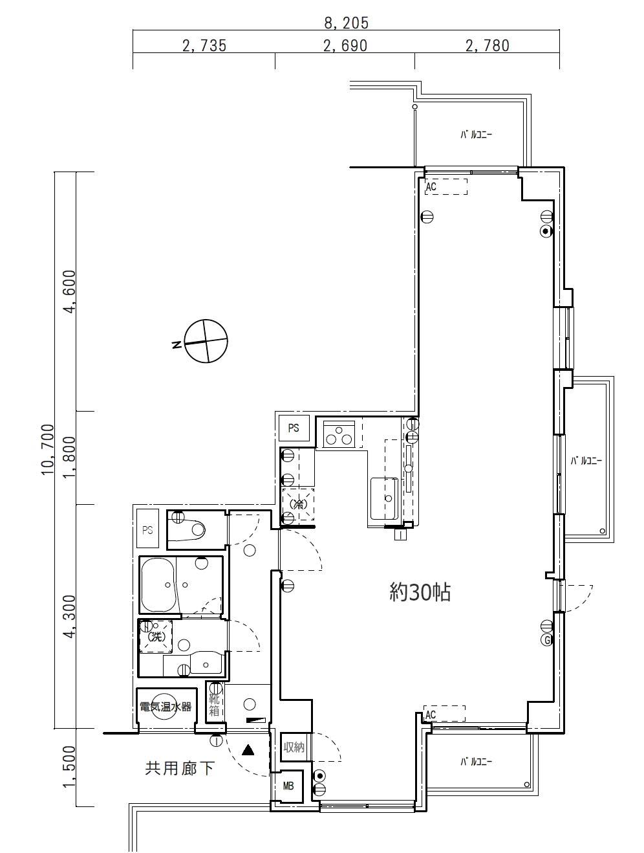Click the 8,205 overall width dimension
(x=347, y=23)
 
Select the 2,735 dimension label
(x=204, y=46)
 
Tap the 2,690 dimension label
(x=345, y=46)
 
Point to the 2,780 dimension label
(x=487, y=46)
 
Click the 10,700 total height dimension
(x=48, y=449)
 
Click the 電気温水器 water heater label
(x=166, y=707)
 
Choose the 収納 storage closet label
(x=294, y=747)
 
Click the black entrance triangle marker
(x=248, y=749)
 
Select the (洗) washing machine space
(x=156, y=637)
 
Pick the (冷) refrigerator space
(x=298, y=504)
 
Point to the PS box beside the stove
(x=294, y=428)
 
